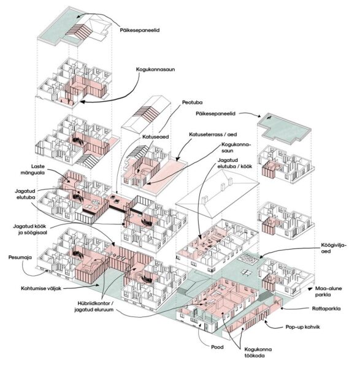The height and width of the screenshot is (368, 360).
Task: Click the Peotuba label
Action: (x=192, y=102)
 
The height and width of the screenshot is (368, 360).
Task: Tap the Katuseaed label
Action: (x=155, y=137)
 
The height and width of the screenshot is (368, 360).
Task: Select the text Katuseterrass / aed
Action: (x=213, y=134)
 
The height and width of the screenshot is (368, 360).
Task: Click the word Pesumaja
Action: (x=20, y=257)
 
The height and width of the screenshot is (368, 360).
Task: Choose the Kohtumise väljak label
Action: (x=41, y=288)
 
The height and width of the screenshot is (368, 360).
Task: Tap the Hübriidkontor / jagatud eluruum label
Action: (x=94, y=306)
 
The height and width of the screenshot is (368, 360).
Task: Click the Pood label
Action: (x=217, y=347)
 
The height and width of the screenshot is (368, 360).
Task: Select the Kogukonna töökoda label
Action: (x=258, y=353)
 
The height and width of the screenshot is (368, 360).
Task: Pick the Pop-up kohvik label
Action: (x=302, y=327)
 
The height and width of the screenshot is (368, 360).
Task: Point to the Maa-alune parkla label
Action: (x=328, y=291)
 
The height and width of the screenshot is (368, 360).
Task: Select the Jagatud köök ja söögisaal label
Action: (x=30, y=229)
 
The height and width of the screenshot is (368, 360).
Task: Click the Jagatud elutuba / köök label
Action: (x=235, y=163)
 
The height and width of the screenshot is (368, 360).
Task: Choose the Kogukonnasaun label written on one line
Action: (x=155, y=69)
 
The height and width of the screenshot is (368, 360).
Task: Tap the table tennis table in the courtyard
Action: (x=246, y=272)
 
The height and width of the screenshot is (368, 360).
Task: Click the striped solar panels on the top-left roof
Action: (x=79, y=30)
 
